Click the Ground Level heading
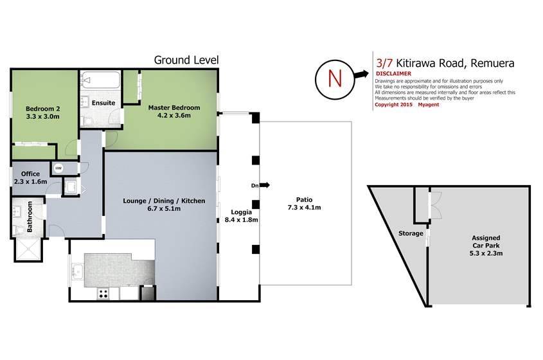(x=186, y=60)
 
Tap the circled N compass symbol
(x=335, y=79)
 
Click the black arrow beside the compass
(x=361, y=74)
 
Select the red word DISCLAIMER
(x=393, y=73)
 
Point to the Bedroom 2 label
(x=43, y=109)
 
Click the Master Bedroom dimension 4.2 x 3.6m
(x=174, y=115)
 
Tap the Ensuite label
(x=103, y=103)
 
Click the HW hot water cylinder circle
(x=58, y=168)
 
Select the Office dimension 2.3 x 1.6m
(x=30, y=181)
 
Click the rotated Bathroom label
(x=30, y=217)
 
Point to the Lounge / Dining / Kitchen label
(x=164, y=201)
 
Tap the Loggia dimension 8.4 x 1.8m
(x=242, y=220)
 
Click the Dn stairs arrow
(x=264, y=185)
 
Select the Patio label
(x=304, y=199)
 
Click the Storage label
(x=411, y=233)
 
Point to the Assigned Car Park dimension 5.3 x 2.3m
(x=486, y=253)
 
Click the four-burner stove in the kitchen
(x=103, y=294)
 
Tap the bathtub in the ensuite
(x=101, y=80)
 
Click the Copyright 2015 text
(x=394, y=105)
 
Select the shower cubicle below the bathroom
(x=29, y=249)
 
